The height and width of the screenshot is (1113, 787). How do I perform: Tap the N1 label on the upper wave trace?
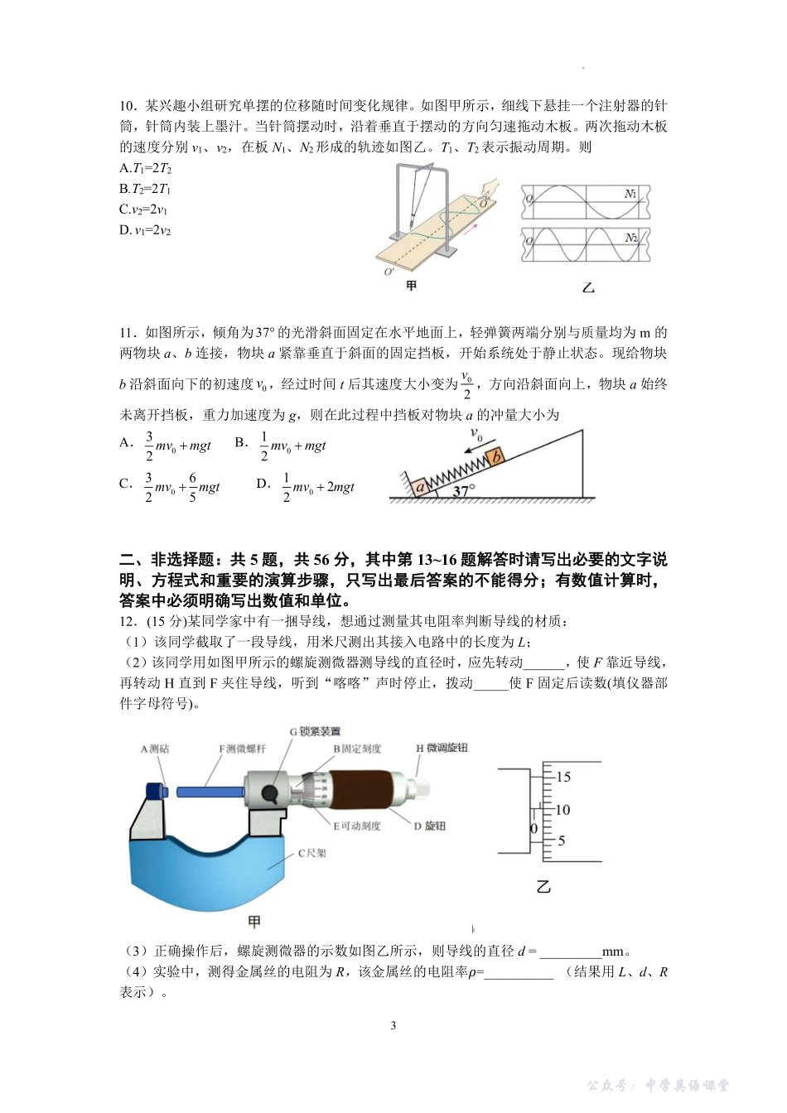[x=631, y=194]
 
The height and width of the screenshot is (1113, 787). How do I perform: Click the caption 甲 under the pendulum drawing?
[x=411, y=286]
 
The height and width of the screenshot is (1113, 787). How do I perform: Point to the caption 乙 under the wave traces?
[x=588, y=288]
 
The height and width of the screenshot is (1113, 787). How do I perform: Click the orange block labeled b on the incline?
[x=495, y=457]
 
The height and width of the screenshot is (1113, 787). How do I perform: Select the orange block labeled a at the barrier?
[x=420, y=488]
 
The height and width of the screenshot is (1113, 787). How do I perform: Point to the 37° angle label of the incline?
[x=464, y=489]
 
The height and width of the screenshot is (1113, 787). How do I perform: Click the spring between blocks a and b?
[x=456, y=473]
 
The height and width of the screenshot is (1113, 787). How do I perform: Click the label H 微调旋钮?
[x=441, y=748]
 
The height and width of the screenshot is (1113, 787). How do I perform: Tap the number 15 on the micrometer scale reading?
[x=562, y=777]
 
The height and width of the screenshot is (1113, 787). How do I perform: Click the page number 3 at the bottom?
[x=393, y=1026]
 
